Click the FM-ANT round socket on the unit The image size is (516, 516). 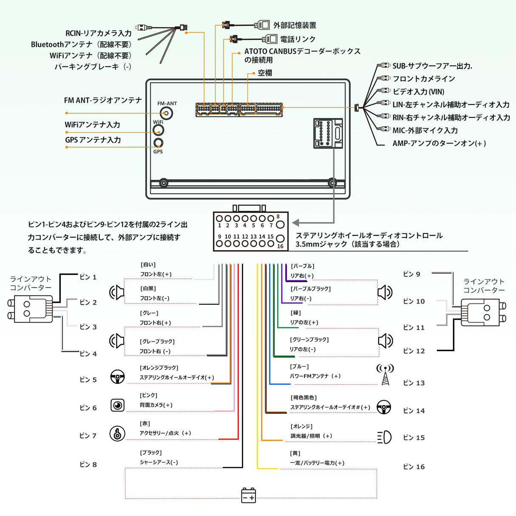point(166,113)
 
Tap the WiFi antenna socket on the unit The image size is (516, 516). point(159,130)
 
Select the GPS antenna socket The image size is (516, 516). point(158,143)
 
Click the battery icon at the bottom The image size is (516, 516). point(249,496)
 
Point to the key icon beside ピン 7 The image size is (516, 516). point(117,434)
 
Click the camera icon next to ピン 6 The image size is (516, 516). point(118,405)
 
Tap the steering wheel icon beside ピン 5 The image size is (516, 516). point(118,377)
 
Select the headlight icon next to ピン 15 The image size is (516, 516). point(384,437)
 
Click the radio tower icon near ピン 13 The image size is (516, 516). point(385,374)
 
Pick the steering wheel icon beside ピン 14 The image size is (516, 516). point(384,407)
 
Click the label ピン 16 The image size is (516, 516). point(414,467)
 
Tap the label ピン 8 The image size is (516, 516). point(88,465)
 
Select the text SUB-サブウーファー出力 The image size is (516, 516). point(432,66)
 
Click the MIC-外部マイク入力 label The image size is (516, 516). point(425,130)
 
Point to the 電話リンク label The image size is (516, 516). point(298,39)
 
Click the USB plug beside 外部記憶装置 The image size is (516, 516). point(262,25)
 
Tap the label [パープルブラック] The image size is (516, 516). point(310,289)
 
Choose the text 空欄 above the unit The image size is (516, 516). point(265,73)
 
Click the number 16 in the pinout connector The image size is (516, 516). point(280,246)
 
